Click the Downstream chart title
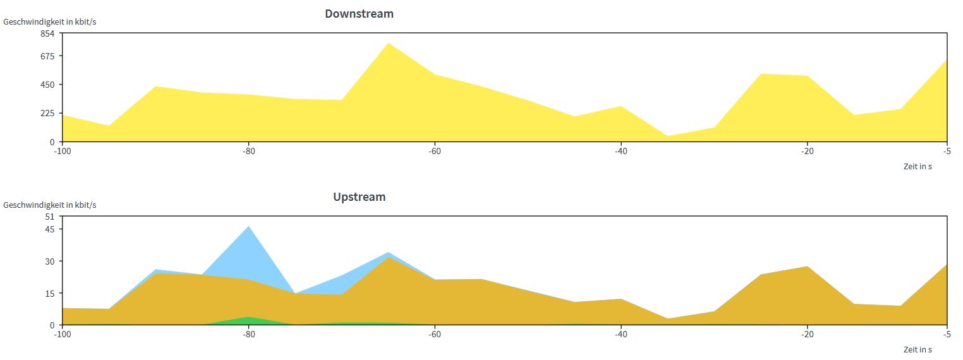click(x=359, y=13)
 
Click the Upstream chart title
click(x=359, y=196)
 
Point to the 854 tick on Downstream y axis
click(x=48, y=33)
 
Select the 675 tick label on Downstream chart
click(x=48, y=56)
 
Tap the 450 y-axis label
click(x=48, y=84)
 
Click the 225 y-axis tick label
click(x=48, y=113)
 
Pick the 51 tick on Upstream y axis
click(x=51, y=216)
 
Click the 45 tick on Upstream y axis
click(x=51, y=229)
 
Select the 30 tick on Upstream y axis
click(x=51, y=261)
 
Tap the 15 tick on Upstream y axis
click(x=51, y=293)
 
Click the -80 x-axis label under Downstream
click(x=248, y=151)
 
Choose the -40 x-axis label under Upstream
click(x=621, y=334)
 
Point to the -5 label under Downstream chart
click(x=946, y=151)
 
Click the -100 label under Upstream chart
click(x=62, y=334)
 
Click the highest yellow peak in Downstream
click(x=389, y=44)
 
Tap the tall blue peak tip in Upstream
click(x=248, y=227)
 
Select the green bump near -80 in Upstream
click(x=248, y=320)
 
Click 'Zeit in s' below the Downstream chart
click(x=918, y=166)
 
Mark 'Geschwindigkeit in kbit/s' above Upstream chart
click(x=50, y=205)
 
